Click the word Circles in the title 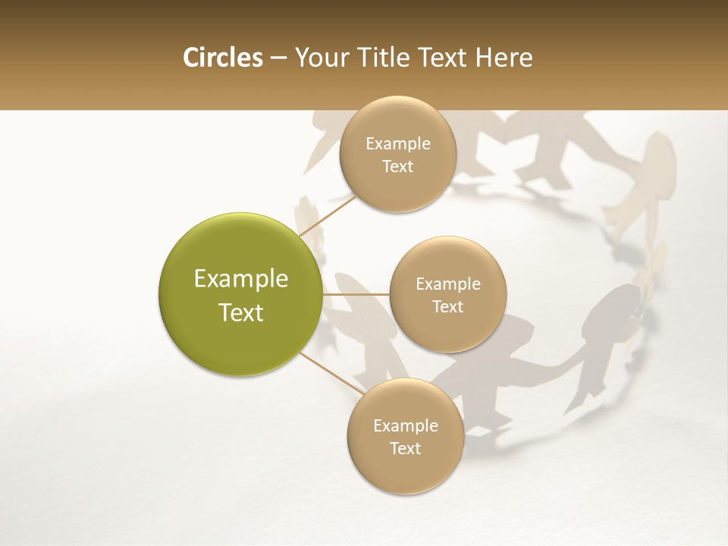point(222,58)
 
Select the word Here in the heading point(504,58)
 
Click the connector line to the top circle point(328,215)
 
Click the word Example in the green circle point(240,279)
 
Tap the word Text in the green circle point(240,312)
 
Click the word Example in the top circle point(398,144)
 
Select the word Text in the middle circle point(448,307)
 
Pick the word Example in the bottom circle point(405,425)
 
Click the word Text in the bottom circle point(405,449)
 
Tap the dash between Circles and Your point(278,58)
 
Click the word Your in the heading point(320,58)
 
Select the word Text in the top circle point(398,167)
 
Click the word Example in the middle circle point(448,284)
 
